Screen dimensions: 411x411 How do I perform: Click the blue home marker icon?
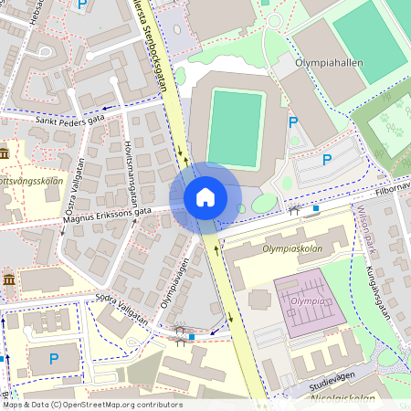(205, 197)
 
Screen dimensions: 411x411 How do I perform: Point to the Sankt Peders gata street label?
(70, 120)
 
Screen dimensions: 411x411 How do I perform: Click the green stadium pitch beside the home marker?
(234, 127)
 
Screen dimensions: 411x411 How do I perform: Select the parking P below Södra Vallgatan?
(53, 359)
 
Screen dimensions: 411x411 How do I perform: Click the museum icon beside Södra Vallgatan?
(8, 279)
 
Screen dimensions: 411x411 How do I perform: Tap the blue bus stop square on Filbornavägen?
(316, 208)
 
